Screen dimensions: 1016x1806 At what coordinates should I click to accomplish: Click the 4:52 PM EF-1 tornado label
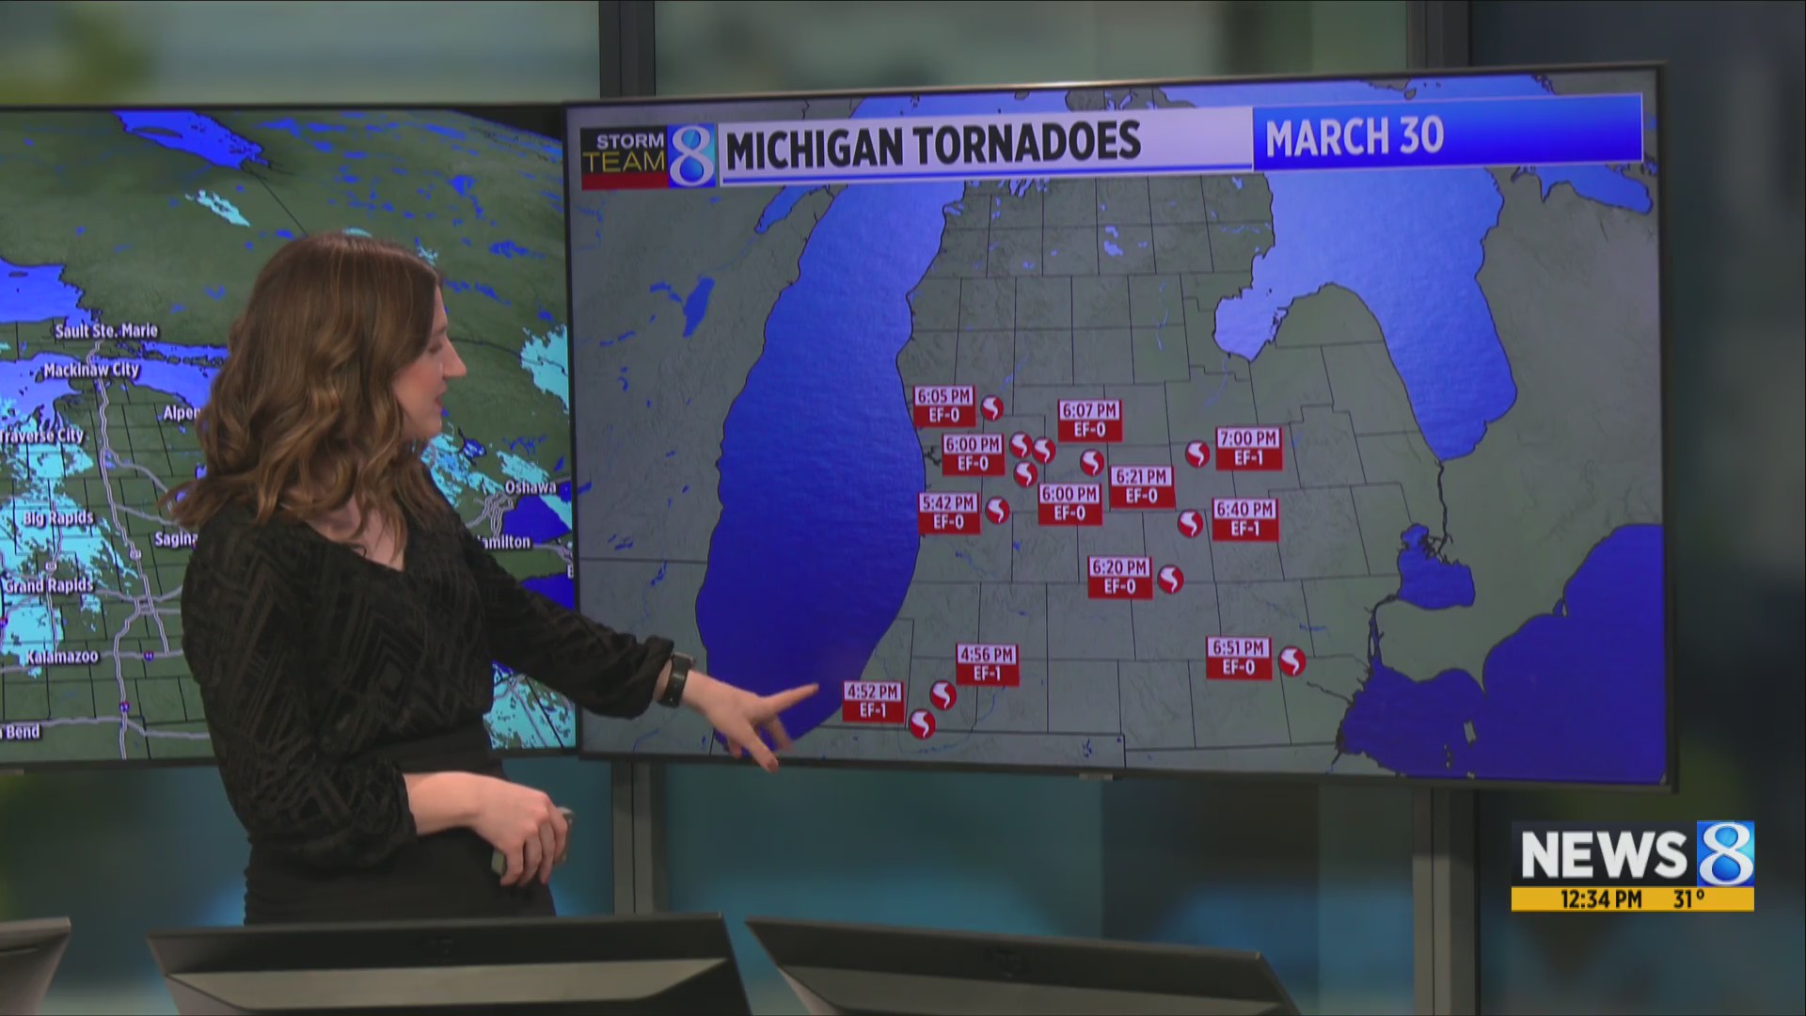[873, 702]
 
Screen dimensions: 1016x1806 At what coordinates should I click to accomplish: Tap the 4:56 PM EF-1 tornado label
[987, 664]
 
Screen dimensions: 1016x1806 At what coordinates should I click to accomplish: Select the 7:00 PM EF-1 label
[1248, 449]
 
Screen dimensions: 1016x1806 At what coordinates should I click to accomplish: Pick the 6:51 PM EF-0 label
[1238, 658]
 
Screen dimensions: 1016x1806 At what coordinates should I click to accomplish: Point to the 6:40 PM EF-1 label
[1244, 519]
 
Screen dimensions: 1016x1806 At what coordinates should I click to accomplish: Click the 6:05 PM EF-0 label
[943, 405]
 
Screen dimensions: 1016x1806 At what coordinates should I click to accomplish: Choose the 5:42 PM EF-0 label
[948, 514]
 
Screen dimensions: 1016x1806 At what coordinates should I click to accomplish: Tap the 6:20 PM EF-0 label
[1119, 577]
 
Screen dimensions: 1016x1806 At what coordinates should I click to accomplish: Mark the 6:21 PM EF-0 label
[1141, 486]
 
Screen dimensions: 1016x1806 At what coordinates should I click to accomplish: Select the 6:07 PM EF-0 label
[1088, 421]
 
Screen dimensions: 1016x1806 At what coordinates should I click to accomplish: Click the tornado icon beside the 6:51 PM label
[1291, 661]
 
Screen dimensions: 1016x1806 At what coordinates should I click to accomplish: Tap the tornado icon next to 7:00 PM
[1196, 454]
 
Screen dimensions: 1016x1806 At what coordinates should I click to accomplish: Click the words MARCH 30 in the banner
[1354, 137]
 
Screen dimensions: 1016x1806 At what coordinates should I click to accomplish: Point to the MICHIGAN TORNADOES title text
[932, 145]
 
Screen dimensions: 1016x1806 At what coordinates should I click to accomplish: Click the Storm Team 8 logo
[647, 155]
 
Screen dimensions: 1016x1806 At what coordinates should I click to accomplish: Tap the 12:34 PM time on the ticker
[1600, 899]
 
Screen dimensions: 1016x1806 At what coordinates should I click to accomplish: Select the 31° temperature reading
[1688, 899]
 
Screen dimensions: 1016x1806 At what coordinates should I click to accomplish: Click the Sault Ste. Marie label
[106, 331]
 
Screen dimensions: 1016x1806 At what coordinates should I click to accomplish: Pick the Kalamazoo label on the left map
[62, 657]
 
